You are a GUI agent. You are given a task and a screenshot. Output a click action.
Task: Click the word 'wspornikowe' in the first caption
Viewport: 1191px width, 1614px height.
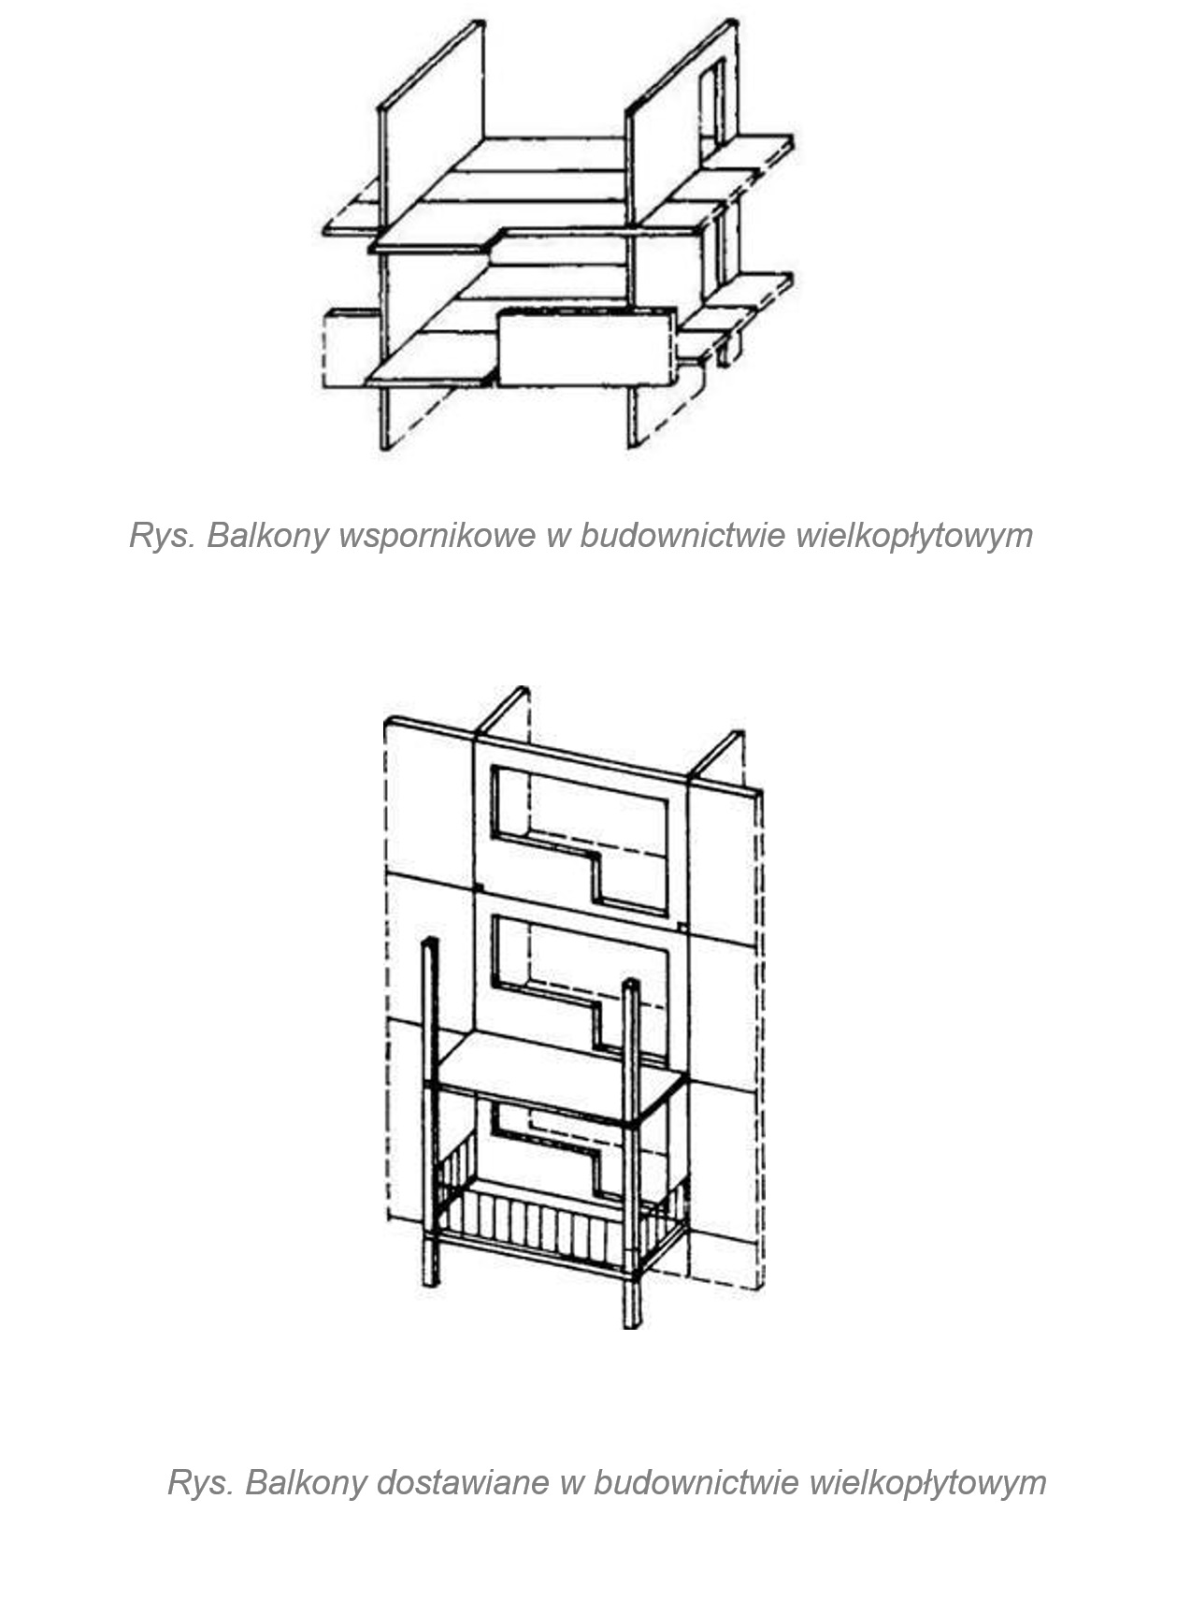click(x=437, y=535)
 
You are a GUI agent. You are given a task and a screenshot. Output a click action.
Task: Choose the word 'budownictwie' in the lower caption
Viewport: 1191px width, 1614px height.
click(x=696, y=1482)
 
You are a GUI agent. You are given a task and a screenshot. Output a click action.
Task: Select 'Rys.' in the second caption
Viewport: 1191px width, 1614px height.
click(x=201, y=1482)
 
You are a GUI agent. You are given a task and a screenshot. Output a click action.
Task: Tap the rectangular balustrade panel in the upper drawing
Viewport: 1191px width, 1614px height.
click(x=586, y=346)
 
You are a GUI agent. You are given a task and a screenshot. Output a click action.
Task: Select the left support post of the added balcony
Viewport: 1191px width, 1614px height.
click(x=429, y=1111)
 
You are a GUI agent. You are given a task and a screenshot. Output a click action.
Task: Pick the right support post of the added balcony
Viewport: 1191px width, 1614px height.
click(x=632, y=1153)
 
